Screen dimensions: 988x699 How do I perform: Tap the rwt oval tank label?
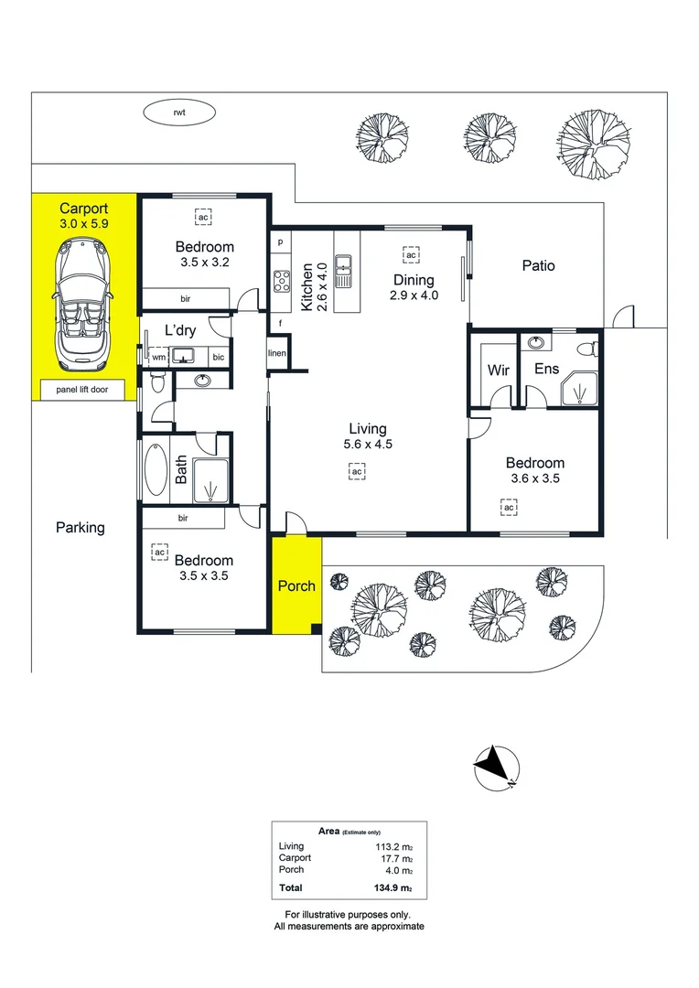[179, 113]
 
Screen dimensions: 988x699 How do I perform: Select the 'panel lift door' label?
[84, 389]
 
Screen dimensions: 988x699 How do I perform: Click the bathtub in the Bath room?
[156, 470]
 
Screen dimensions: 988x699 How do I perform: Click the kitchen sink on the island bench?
[344, 271]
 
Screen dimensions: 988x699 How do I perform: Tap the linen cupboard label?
[277, 353]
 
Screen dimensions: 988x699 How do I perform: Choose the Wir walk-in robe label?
[499, 370]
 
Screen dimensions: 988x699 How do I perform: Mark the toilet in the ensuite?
[589, 348]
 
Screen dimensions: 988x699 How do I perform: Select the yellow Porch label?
[296, 585]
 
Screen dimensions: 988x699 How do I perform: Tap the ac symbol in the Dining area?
[411, 254]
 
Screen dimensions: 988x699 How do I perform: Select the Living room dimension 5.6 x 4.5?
[367, 446]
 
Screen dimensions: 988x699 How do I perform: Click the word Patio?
[538, 266]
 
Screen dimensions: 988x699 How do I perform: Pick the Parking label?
[81, 528]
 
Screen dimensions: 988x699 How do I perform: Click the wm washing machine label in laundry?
[158, 358]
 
